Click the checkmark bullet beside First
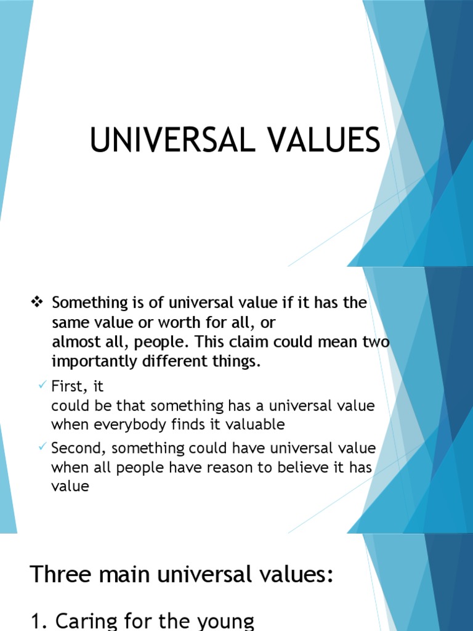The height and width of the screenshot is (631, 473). point(42,385)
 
